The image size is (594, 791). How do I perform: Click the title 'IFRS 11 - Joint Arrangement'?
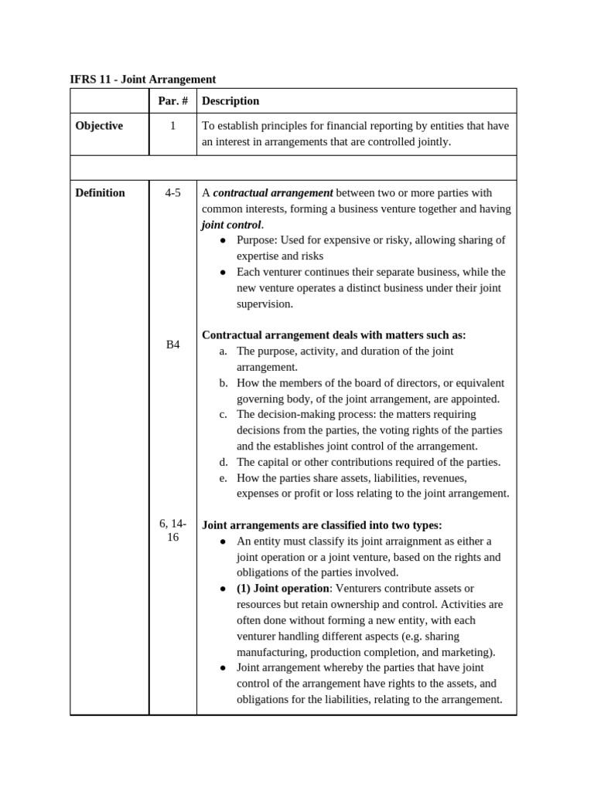[143, 80]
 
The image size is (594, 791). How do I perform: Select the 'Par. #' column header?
[172, 101]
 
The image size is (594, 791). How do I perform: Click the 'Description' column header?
[230, 101]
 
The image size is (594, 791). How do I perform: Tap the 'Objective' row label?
[99, 126]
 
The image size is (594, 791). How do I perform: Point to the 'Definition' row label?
[100, 193]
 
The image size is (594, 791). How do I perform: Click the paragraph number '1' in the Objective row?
[172, 126]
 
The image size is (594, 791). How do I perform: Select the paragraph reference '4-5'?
[172, 193]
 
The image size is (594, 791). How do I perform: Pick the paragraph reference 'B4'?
[172, 345]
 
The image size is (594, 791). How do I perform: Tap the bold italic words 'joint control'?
[231, 225]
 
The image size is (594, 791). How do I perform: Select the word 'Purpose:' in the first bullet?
[258, 240]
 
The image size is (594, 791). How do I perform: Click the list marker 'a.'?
[223, 351]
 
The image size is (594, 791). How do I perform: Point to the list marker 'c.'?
[223, 415]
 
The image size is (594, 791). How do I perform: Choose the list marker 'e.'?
[223, 478]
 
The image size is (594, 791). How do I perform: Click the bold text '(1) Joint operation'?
[282, 589]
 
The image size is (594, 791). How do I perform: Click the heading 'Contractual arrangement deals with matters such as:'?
[334, 335]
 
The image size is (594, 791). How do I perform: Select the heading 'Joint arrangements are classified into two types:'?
[322, 525]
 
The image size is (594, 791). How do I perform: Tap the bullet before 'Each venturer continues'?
[223, 272]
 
